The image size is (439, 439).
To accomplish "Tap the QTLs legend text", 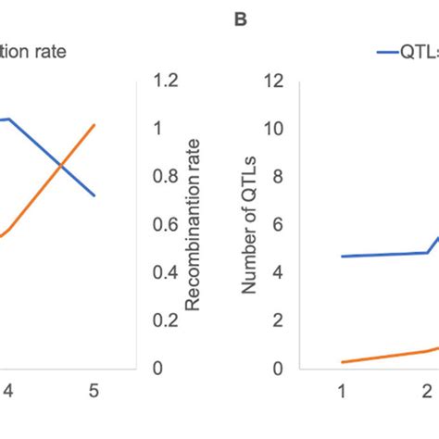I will (415, 53).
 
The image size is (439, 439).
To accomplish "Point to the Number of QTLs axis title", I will (249, 225).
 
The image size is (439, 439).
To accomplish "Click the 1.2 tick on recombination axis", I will (161, 81).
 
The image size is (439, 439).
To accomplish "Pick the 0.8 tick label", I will (161, 177).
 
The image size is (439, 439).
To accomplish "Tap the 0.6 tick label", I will (161, 225).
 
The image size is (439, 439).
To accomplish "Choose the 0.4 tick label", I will (161, 272).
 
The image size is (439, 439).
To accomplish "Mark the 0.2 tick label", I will (161, 320).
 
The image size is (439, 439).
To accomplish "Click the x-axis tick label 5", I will (93, 390).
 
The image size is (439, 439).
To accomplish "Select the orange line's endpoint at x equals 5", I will (94, 124).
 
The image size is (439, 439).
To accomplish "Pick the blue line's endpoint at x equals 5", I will (94, 195).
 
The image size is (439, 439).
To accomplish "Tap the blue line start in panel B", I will (342, 257).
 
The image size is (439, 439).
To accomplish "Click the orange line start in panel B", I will (342, 362).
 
